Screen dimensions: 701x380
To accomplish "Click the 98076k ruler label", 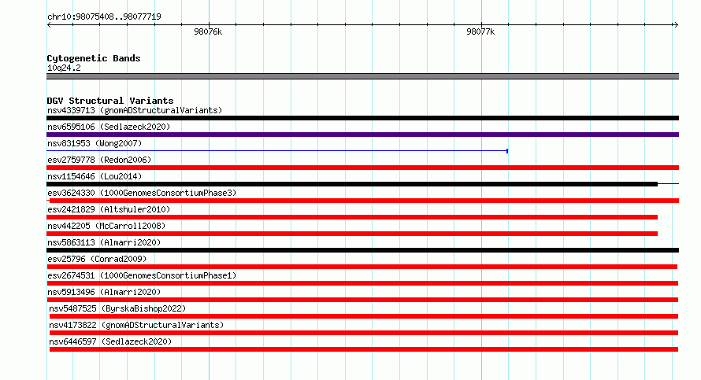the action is [208, 31].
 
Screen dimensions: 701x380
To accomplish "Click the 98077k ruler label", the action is [480, 31].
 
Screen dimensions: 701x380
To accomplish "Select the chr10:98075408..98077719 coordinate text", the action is [104, 17].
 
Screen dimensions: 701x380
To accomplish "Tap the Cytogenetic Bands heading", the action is [94, 58].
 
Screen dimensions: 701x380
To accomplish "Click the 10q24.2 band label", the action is [64, 68].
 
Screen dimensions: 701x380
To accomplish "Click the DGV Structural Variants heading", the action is [110, 101].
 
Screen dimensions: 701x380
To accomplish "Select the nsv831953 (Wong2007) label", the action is [95, 143].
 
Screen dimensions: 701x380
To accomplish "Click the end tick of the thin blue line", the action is [507, 151].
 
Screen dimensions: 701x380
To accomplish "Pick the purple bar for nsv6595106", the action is [362, 135].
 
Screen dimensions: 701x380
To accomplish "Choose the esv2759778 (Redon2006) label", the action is [99, 160].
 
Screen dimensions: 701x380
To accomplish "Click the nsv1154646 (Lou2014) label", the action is [95, 176].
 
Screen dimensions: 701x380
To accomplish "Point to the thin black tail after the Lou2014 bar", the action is [669, 183].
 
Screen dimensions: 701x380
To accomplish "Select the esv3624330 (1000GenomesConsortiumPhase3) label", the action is [142, 193].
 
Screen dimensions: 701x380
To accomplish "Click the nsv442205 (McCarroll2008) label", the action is [106, 226].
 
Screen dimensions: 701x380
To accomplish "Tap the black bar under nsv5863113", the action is [362, 250].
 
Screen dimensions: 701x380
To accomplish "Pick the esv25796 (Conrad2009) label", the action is [97, 259].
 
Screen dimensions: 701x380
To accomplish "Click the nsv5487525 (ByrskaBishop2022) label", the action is [117, 308].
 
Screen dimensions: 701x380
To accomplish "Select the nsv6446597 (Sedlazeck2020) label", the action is [110, 341].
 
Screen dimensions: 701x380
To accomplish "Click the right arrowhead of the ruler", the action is [677, 25].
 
